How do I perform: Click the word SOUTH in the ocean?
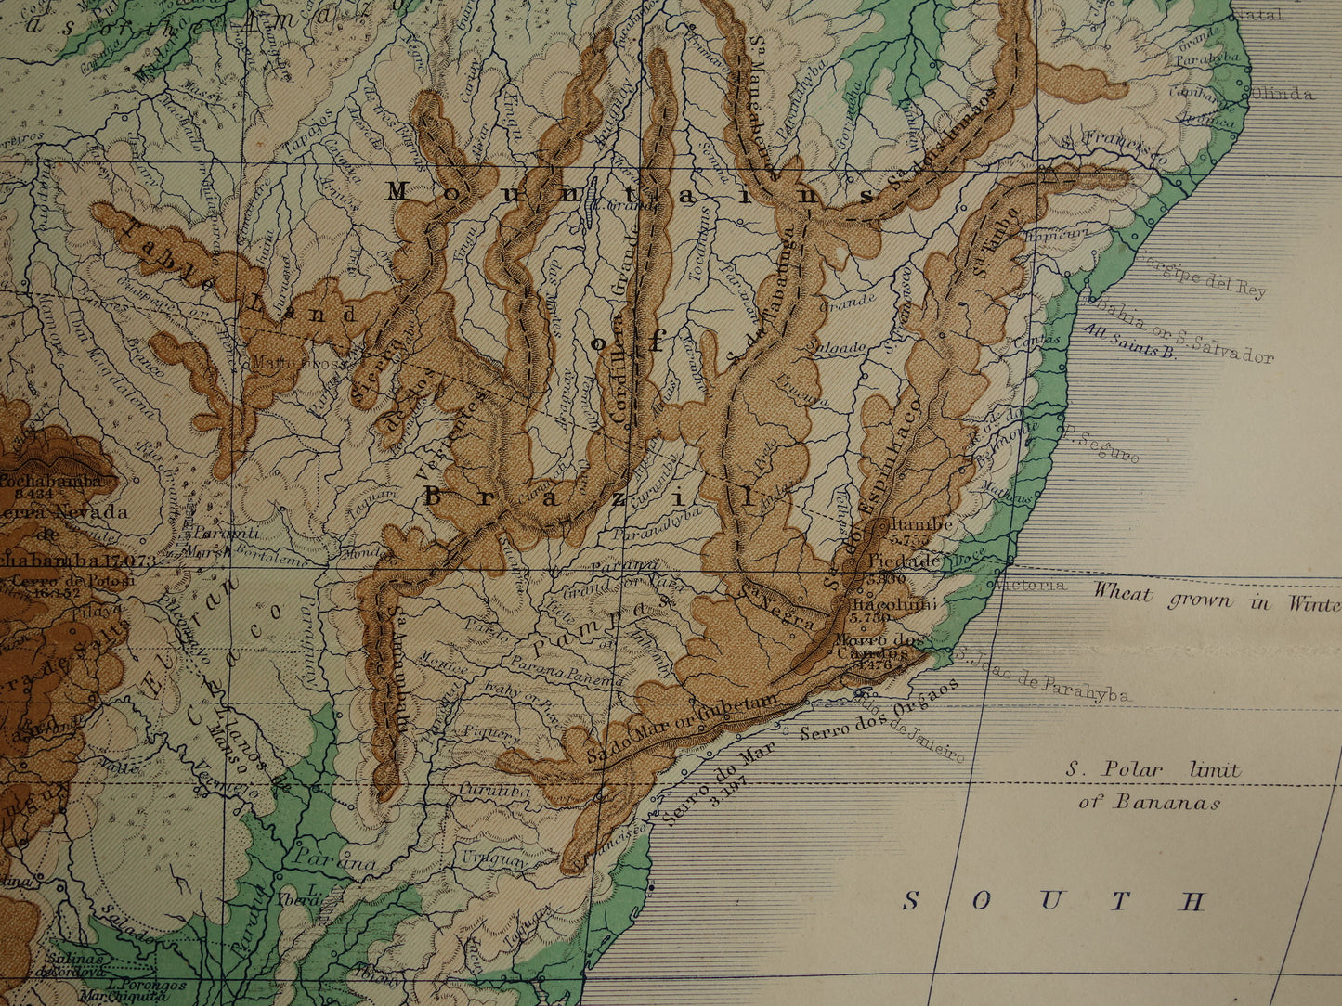(1054, 901)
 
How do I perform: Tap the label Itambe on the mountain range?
(922, 524)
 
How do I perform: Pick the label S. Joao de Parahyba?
(1045, 676)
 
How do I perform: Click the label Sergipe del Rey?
(1203, 276)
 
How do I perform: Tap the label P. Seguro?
(1101, 446)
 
